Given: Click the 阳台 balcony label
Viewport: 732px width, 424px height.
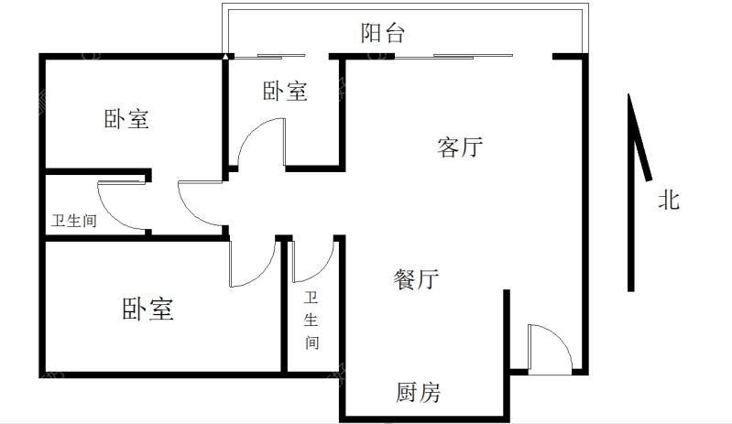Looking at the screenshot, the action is pos(382,33).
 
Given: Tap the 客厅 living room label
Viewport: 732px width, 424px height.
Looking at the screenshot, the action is pos(460,147).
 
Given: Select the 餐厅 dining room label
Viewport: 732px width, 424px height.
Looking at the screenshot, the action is pos(416,279).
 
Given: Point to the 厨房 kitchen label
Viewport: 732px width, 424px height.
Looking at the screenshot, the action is pos(419,392).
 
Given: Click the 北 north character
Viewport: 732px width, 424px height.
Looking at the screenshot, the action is pos(669,201).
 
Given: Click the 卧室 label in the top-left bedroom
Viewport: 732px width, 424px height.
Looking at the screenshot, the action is pos(126,118).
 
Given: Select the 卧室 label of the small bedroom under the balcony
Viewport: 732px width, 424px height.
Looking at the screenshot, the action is pos(285,91).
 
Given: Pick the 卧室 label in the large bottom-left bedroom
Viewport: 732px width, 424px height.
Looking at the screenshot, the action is pos(147,309).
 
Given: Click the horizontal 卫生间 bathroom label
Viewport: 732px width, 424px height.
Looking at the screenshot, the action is pos(74,221).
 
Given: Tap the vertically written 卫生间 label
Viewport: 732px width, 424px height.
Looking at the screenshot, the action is pos(311,321).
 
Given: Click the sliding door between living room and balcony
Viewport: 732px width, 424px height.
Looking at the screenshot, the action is pos(453,57).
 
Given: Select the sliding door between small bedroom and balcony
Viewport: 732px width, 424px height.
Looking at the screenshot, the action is pos(269,57).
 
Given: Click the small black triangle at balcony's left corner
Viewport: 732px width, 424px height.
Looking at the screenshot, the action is pos(225,57).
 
